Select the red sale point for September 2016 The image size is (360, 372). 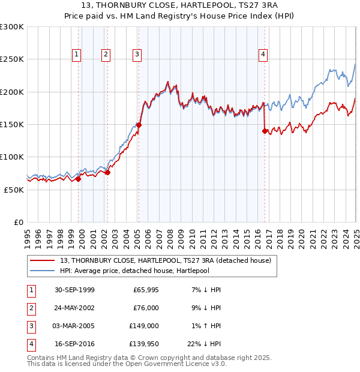tap(265, 131)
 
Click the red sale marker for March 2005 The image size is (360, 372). tap(139, 125)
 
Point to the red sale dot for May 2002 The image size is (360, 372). tap(108, 172)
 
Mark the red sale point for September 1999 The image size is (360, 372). tap(79, 179)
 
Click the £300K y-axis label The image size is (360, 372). tap(11, 27)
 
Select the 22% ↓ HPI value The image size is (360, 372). tap(204, 344)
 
